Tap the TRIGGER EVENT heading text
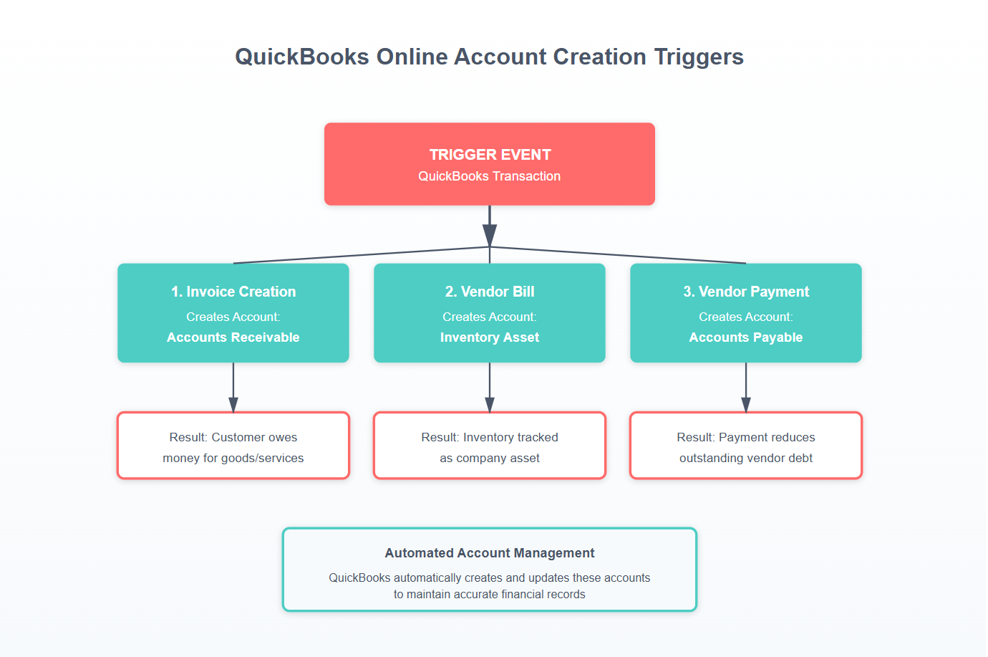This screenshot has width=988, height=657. pos(490,155)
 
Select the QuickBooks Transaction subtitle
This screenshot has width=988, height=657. pos(490,176)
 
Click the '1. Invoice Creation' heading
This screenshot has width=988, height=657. pos(233,292)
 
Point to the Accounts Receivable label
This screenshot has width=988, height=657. pos(233,337)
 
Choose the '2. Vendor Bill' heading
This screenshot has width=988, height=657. pos(490,292)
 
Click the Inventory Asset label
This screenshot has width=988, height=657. pos(490,337)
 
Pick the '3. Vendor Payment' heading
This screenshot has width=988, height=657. pos(746,292)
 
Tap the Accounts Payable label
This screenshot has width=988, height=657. pos(746,337)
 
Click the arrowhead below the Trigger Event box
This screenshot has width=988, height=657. pos(490,234)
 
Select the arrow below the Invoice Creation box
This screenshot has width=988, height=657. pos(233,404)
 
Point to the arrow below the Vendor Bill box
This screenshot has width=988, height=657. pos(490,404)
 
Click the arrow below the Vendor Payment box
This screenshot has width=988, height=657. pos(746,404)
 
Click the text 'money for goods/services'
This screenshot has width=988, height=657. pos(233,458)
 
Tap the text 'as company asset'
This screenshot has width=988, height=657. pos(490,458)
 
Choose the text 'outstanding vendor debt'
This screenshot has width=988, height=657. pos(746,458)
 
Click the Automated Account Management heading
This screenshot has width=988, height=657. pos(490,553)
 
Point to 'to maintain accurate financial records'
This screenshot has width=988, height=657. pos(490,594)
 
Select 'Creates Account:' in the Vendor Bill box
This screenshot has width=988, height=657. pos(490,317)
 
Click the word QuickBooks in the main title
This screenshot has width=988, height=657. pos(302,57)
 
